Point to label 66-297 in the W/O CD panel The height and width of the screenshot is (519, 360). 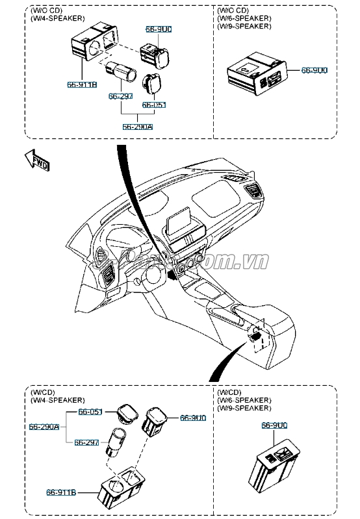click(120, 96)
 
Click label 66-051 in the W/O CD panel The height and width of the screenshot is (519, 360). click(153, 104)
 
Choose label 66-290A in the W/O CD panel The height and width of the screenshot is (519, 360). click(138, 127)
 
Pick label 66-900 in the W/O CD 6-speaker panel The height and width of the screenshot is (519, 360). click(313, 70)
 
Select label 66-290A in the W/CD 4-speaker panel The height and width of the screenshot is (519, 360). click(44, 427)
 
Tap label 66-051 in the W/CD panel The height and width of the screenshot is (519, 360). click(90, 412)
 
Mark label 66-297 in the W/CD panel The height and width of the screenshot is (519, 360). click(86, 442)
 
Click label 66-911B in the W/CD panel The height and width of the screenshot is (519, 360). click(60, 493)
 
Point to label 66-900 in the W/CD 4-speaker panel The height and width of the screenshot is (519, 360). click(192, 418)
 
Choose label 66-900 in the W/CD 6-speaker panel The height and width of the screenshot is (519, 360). click(274, 425)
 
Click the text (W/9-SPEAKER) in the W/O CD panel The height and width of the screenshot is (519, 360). click(244, 27)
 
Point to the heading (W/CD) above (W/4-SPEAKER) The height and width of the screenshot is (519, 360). click(42, 392)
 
